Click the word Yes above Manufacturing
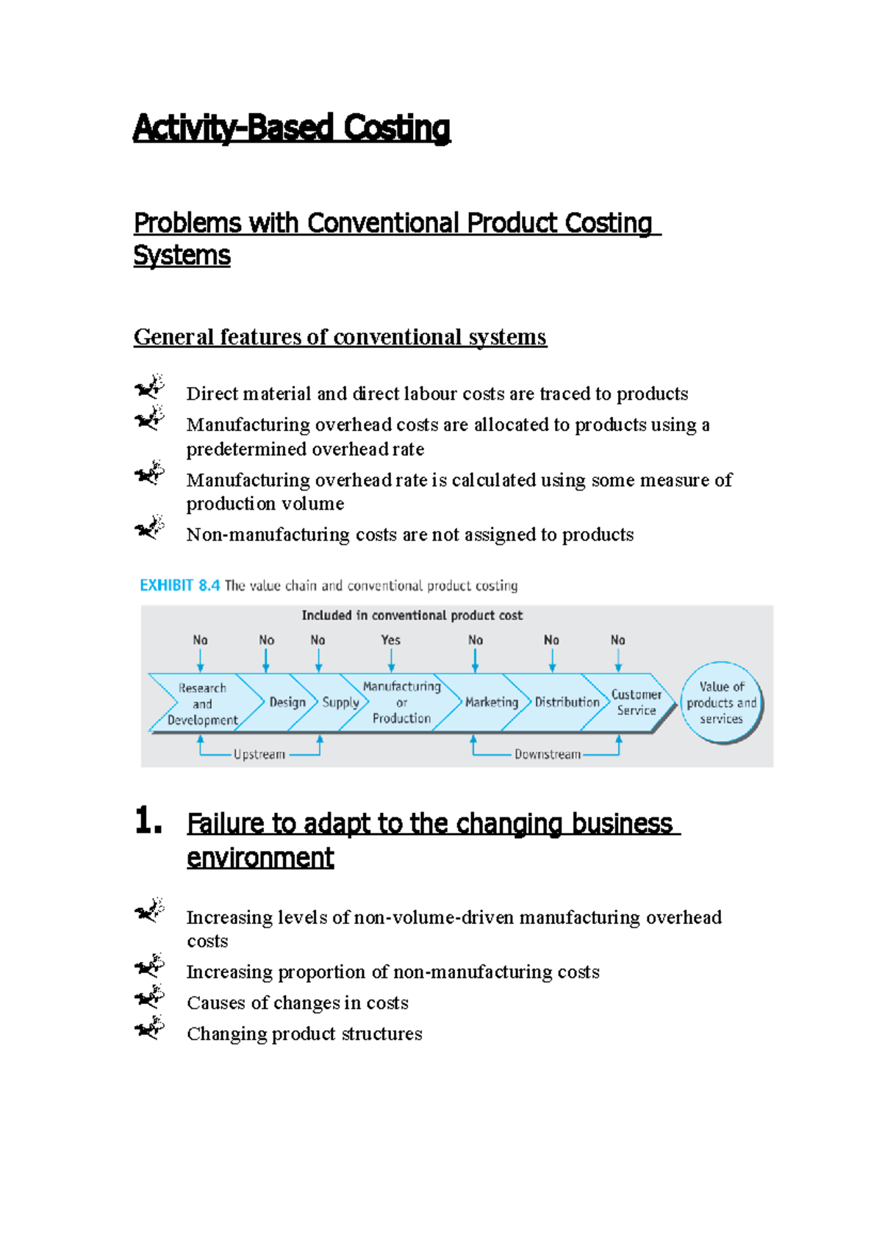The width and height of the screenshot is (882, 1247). [391, 640]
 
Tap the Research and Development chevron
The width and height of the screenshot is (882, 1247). [202, 704]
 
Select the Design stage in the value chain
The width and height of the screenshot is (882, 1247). [287, 702]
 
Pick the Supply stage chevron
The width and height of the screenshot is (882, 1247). [340, 702]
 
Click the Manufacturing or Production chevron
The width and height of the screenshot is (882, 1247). [401, 702]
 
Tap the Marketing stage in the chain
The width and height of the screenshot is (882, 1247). [491, 702]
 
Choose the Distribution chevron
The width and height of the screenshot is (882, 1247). [567, 702]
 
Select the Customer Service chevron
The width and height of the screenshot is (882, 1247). [636, 702]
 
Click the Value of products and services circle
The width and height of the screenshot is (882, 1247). [721, 703]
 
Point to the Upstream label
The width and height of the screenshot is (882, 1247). [259, 754]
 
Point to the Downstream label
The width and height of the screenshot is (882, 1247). [547, 754]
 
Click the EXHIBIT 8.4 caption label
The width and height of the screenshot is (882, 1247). [179, 585]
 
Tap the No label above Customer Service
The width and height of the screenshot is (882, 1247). [617, 640]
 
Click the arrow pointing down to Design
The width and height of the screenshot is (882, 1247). [266, 660]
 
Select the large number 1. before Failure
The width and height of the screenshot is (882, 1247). [148, 820]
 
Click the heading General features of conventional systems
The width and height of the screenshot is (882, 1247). [340, 337]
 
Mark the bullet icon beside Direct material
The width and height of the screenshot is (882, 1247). [149, 386]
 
